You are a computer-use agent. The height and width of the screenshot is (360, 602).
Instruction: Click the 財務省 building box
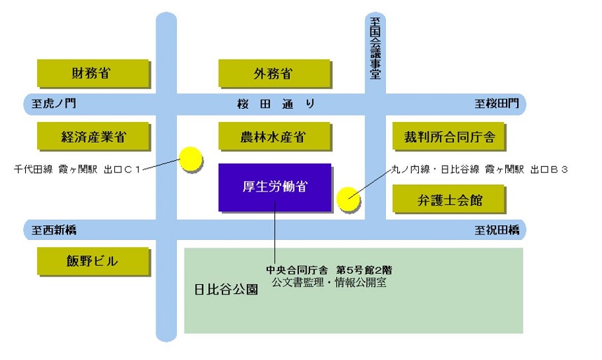click(x=93, y=73)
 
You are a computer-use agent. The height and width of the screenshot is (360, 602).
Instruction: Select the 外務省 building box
click(x=274, y=73)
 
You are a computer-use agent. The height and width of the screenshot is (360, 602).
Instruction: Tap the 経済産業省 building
click(x=93, y=136)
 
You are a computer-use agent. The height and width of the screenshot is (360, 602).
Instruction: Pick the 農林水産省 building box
click(x=274, y=136)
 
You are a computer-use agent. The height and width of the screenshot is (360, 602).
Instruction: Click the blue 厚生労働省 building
click(x=275, y=187)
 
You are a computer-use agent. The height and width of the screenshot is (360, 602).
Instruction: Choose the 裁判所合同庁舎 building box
click(x=448, y=136)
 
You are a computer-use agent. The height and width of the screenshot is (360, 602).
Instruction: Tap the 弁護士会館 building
click(x=448, y=199)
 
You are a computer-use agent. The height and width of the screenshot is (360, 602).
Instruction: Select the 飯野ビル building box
click(x=93, y=261)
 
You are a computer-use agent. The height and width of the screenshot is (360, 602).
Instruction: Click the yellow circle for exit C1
click(x=191, y=159)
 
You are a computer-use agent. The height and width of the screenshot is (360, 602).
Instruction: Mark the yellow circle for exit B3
click(x=348, y=199)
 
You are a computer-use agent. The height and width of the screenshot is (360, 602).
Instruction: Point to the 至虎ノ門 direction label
click(x=54, y=103)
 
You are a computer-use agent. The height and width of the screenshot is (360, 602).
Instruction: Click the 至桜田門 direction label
click(x=497, y=103)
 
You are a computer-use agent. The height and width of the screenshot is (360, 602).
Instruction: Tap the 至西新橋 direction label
click(x=54, y=230)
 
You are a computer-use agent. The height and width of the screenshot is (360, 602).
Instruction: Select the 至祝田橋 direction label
click(x=497, y=230)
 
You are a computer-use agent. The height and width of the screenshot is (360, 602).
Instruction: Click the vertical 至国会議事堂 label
click(x=375, y=48)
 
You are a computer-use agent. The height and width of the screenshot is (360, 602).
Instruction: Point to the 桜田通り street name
click(x=276, y=104)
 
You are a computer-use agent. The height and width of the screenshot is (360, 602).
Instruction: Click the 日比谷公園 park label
click(x=226, y=289)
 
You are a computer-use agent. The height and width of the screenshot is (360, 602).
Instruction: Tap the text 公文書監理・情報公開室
click(x=329, y=283)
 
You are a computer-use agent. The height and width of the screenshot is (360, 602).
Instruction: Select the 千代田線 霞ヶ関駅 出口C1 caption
click(x=77, y=169)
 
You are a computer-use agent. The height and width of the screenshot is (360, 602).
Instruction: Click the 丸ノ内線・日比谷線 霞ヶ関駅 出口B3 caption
click(x=479, y=169)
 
